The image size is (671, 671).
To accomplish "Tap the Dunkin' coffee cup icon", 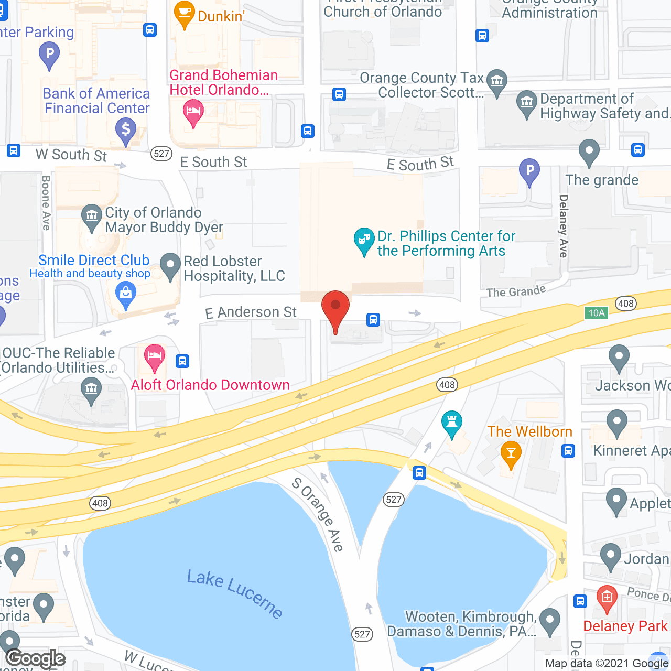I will pos(185,15).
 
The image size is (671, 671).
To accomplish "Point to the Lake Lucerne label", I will pos(235,593).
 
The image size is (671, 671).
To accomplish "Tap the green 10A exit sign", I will pos(597,313).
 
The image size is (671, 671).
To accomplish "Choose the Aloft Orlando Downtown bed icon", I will pos(154,356).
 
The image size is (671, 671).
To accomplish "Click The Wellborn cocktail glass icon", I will pos(511,454).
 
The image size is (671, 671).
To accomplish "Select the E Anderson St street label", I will pos(251,312).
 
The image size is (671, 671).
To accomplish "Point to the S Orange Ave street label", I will pos(318,514).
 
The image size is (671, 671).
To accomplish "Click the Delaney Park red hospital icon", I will pos(607,598).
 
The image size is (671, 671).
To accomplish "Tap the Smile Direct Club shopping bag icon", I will pos(126,294).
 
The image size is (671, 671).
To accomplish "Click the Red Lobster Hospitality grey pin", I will pos(170,266).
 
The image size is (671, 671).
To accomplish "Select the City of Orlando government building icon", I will pos(92,217).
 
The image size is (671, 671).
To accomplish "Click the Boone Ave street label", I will pos(46,203).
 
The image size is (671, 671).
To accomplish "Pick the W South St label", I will pos(71,155).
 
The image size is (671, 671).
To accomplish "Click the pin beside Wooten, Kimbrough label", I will pos(549,621).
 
